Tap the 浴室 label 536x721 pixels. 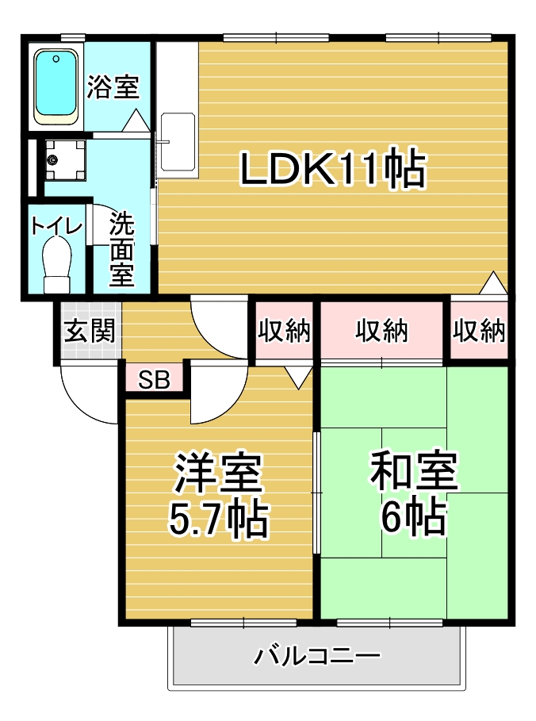(113, 86)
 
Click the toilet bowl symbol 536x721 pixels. (57, 266)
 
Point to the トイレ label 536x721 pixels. (56, 225)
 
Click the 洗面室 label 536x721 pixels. (121, 250)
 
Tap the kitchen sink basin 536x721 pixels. (178, 140)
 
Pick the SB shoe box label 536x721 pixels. (155, 380)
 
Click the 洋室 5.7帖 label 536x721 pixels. (218, 496)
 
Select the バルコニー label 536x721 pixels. (317, 657)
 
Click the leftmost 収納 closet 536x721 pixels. (284, 330)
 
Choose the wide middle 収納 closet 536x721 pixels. (381, 330)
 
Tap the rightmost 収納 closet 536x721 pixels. (479, 330)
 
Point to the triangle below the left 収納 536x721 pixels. (298, 378)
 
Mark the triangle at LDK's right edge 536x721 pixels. (494, 282)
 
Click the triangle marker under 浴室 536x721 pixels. (135, 121)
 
